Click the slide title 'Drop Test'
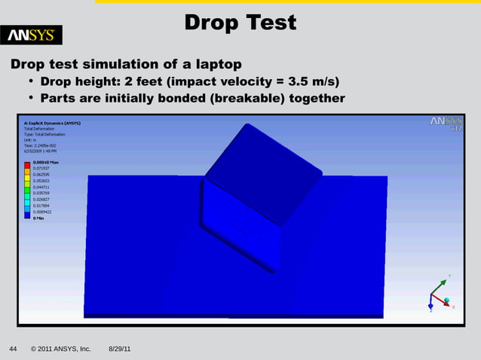(x=240, y=23)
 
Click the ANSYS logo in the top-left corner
(x=35, y=35)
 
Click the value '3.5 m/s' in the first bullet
(x=307, y=81)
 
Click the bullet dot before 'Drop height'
(x=32, y=81)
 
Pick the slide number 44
(x=13, y=349)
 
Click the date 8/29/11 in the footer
(x=120, y=349)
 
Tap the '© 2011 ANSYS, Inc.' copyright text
(x=60, y=349)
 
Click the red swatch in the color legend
(x=27, y=164)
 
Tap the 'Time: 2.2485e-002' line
(x=42, y=145)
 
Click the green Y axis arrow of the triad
(x=440, y=282)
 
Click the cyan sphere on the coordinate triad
(x=446, y=300)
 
